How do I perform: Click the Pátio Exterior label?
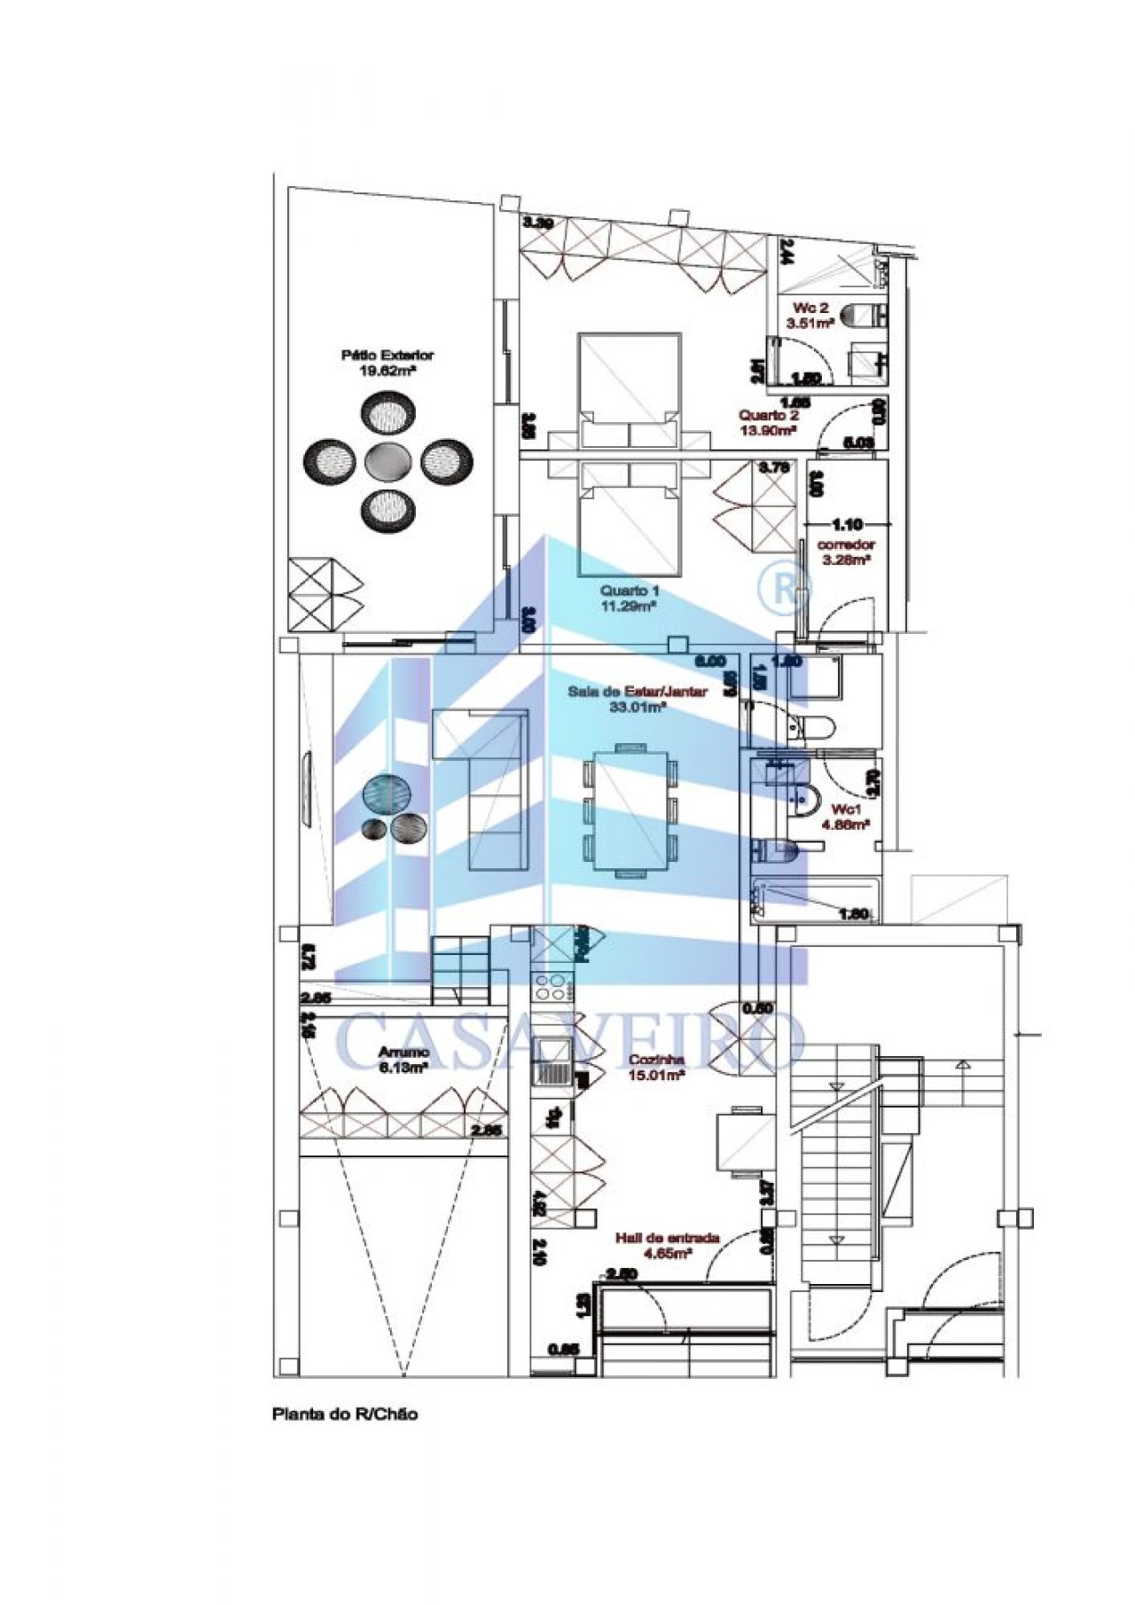pyautogui.click(x=387, y=355)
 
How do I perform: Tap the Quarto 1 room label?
pyautogui.click(x=630, y=591)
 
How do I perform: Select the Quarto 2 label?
pyautogui.click(x=769, y=415)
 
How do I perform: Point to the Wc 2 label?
pyautogui.click(x=810, y=308)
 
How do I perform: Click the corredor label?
pyautogui.click(x=846, y=544)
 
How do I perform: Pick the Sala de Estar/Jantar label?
pyautogui.click(x=638, y=691)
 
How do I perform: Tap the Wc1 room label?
pyautogui.click(x=846, y=809)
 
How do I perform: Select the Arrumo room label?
pyautogui.click(x=403, y=1052)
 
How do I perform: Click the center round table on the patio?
pyautogui.click(x=387, y=460)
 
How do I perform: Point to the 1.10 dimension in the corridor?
pyautogui.click(x=846, y=525)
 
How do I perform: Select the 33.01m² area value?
pyautogui.click(x=638, y=707)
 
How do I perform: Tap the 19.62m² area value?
pyautogui.click(x=387, y=371)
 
